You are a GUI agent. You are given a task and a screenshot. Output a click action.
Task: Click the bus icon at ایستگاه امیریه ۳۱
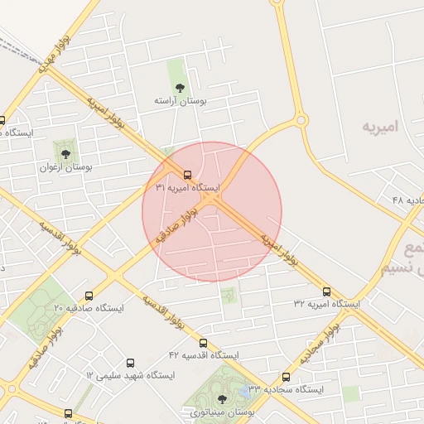187,175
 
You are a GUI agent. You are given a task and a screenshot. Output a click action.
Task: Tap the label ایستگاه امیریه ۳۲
327,304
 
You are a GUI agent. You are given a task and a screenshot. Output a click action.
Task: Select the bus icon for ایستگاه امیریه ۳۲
327,291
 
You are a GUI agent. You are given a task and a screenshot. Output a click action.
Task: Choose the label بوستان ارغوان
65,166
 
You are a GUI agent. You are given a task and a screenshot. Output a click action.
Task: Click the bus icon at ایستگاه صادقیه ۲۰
89,295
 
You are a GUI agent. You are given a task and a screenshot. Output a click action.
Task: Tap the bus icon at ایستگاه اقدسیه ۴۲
203,342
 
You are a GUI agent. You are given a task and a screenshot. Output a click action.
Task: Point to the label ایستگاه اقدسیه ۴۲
203,355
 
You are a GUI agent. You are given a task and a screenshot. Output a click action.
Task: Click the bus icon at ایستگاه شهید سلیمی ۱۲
130,363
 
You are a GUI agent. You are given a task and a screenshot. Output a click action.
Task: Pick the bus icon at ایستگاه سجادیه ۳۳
287,376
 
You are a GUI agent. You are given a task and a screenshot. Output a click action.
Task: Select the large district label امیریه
380,127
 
